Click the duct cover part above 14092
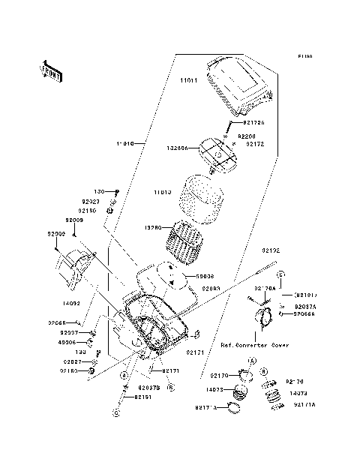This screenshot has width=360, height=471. point(76,271)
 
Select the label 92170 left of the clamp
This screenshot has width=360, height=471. point(219,375)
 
